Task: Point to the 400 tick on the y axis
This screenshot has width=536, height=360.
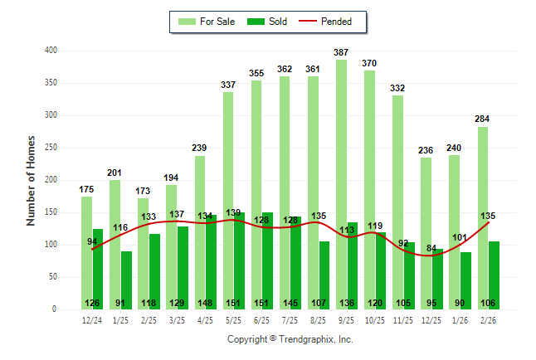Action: point(51,51)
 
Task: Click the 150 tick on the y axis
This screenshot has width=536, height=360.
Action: point(51,212)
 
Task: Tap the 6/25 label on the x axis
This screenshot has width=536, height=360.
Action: point(262,320)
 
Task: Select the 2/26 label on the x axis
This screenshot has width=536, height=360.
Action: point(488,320)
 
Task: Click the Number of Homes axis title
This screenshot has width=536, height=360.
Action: point(32,180)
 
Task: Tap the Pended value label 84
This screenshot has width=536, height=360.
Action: point(431,249)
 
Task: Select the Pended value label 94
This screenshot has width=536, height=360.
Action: point(92,242)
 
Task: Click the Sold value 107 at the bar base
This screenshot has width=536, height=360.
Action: point(324,303)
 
